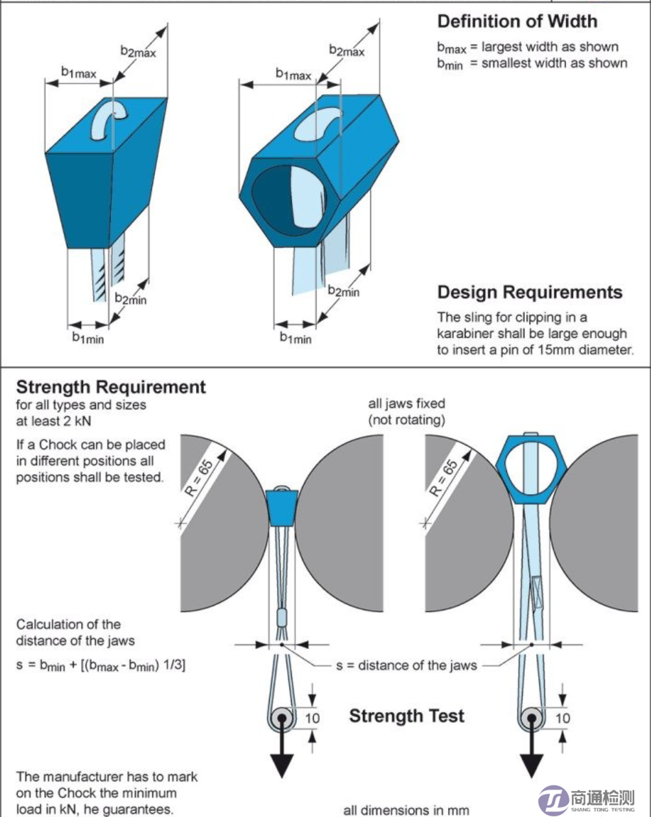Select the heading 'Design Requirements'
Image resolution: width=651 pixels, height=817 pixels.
530,292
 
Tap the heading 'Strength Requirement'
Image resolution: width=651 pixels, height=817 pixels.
111,388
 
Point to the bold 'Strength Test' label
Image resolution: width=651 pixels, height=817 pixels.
407,716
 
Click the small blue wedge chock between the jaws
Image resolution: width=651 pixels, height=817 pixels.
281,506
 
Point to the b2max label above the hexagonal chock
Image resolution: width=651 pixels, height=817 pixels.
346,51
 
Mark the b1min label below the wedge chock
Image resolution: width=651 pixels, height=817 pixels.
88,337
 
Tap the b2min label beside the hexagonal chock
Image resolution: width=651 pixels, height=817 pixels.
343,292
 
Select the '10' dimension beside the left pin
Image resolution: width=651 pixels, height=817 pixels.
313,717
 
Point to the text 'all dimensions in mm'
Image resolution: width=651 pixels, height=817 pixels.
405,809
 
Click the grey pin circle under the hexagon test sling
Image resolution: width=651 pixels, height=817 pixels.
532,718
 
